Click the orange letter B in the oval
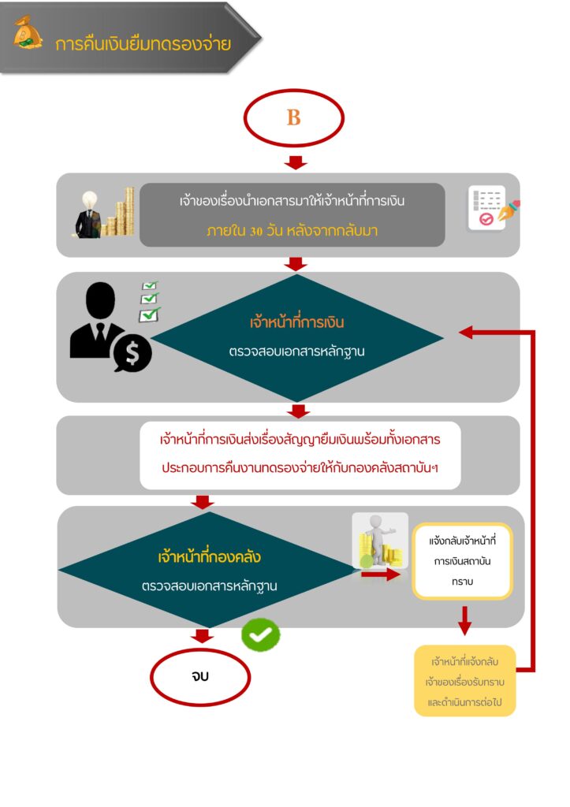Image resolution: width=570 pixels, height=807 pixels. (293, 117)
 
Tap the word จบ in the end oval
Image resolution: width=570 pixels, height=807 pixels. (200, 675)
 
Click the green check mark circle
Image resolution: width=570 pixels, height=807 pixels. (260, 634)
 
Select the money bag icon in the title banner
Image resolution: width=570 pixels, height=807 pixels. (28, 33)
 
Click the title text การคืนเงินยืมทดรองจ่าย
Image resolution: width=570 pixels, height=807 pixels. (143, 44)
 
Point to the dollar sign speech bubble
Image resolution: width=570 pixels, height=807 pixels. (132, 354)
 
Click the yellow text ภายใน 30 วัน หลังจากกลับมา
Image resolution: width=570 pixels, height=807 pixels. (292, 231)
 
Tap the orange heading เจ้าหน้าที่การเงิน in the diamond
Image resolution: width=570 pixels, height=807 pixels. (296, 322)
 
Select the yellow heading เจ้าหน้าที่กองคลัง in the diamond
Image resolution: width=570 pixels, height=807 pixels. (209, 556)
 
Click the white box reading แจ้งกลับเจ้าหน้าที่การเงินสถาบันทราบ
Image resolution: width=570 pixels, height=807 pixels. (462, 561)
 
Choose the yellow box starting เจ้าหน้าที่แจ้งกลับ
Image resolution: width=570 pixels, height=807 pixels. (464, 681)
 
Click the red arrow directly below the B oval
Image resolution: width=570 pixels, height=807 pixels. (295, 162)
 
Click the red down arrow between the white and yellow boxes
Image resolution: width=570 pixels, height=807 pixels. (464, 620)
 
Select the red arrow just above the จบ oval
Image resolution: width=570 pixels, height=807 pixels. (202, 636)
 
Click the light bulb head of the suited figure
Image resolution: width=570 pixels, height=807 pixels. (90, 199)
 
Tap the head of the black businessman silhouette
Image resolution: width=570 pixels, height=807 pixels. (100, 300)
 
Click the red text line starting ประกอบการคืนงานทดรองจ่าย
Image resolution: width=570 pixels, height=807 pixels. (300, 468)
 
